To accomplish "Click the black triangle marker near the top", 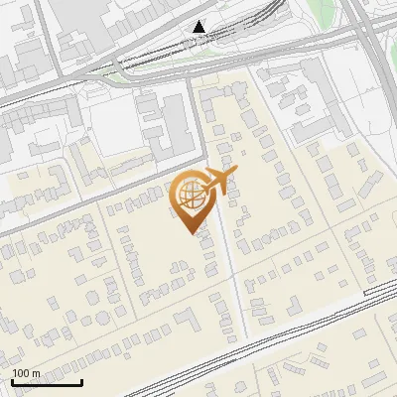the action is click(200, 27).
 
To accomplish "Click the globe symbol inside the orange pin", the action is click(189, 195).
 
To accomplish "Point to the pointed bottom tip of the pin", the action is click(190, 232).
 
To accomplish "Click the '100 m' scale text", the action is click(26, 373).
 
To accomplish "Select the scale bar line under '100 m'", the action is click(47, 381).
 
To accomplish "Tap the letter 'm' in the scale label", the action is click(36, 373).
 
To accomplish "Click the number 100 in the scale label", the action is click(21, 373).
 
